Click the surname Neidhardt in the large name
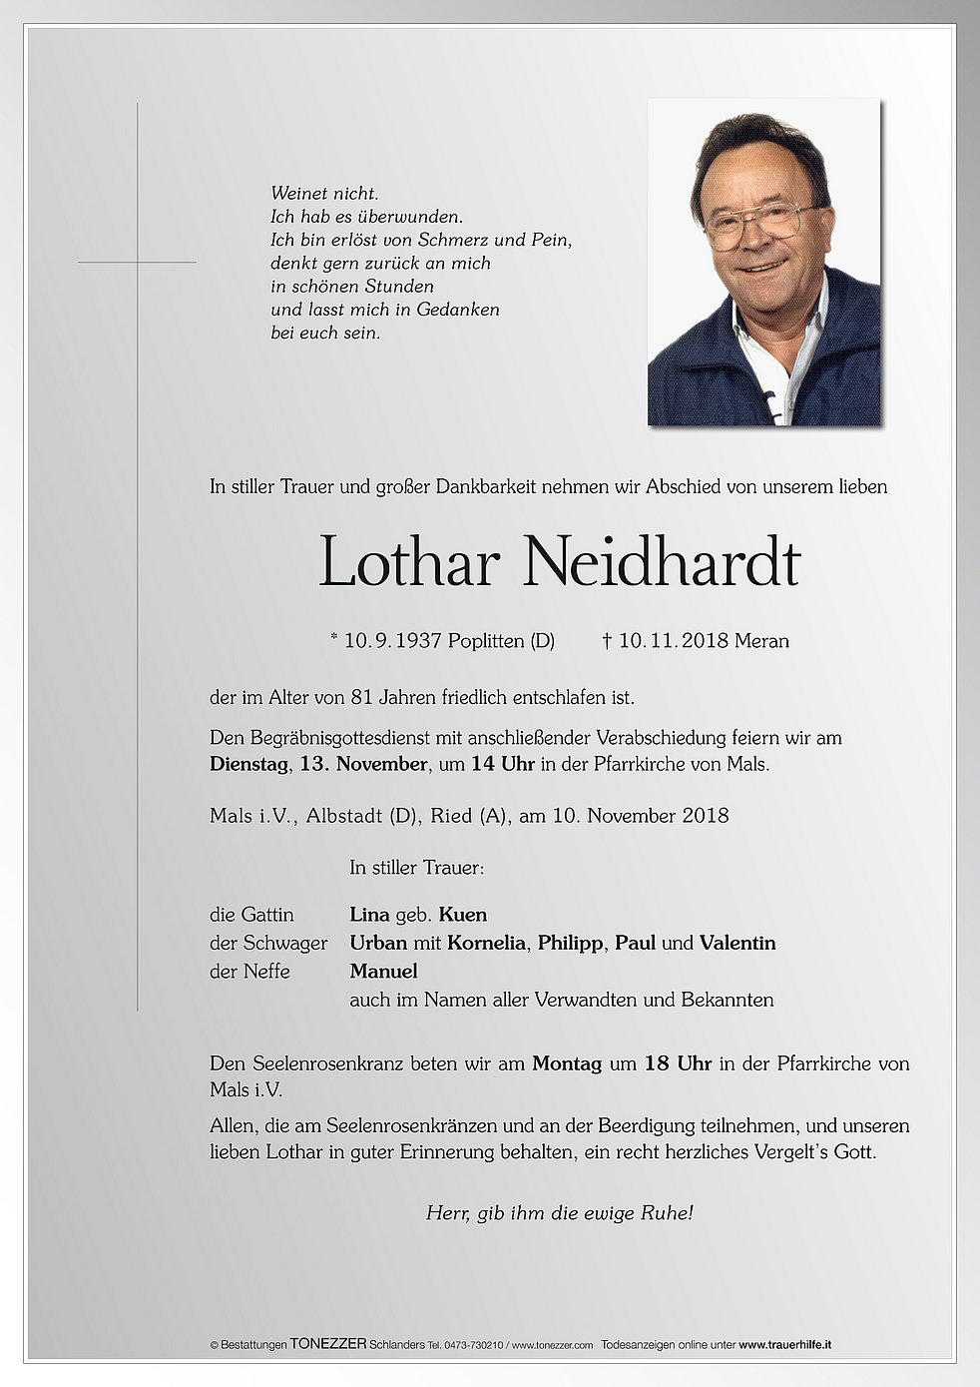662,563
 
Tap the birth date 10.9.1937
392,641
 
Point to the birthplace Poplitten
486,641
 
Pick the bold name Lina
369,915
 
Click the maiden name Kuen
462,915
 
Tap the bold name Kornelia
486,943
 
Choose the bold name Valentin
737,943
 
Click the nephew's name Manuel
383,971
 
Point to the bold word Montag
567,1064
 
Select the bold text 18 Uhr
678,1064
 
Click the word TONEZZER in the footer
327,1345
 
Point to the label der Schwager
268,943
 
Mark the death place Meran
761,641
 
